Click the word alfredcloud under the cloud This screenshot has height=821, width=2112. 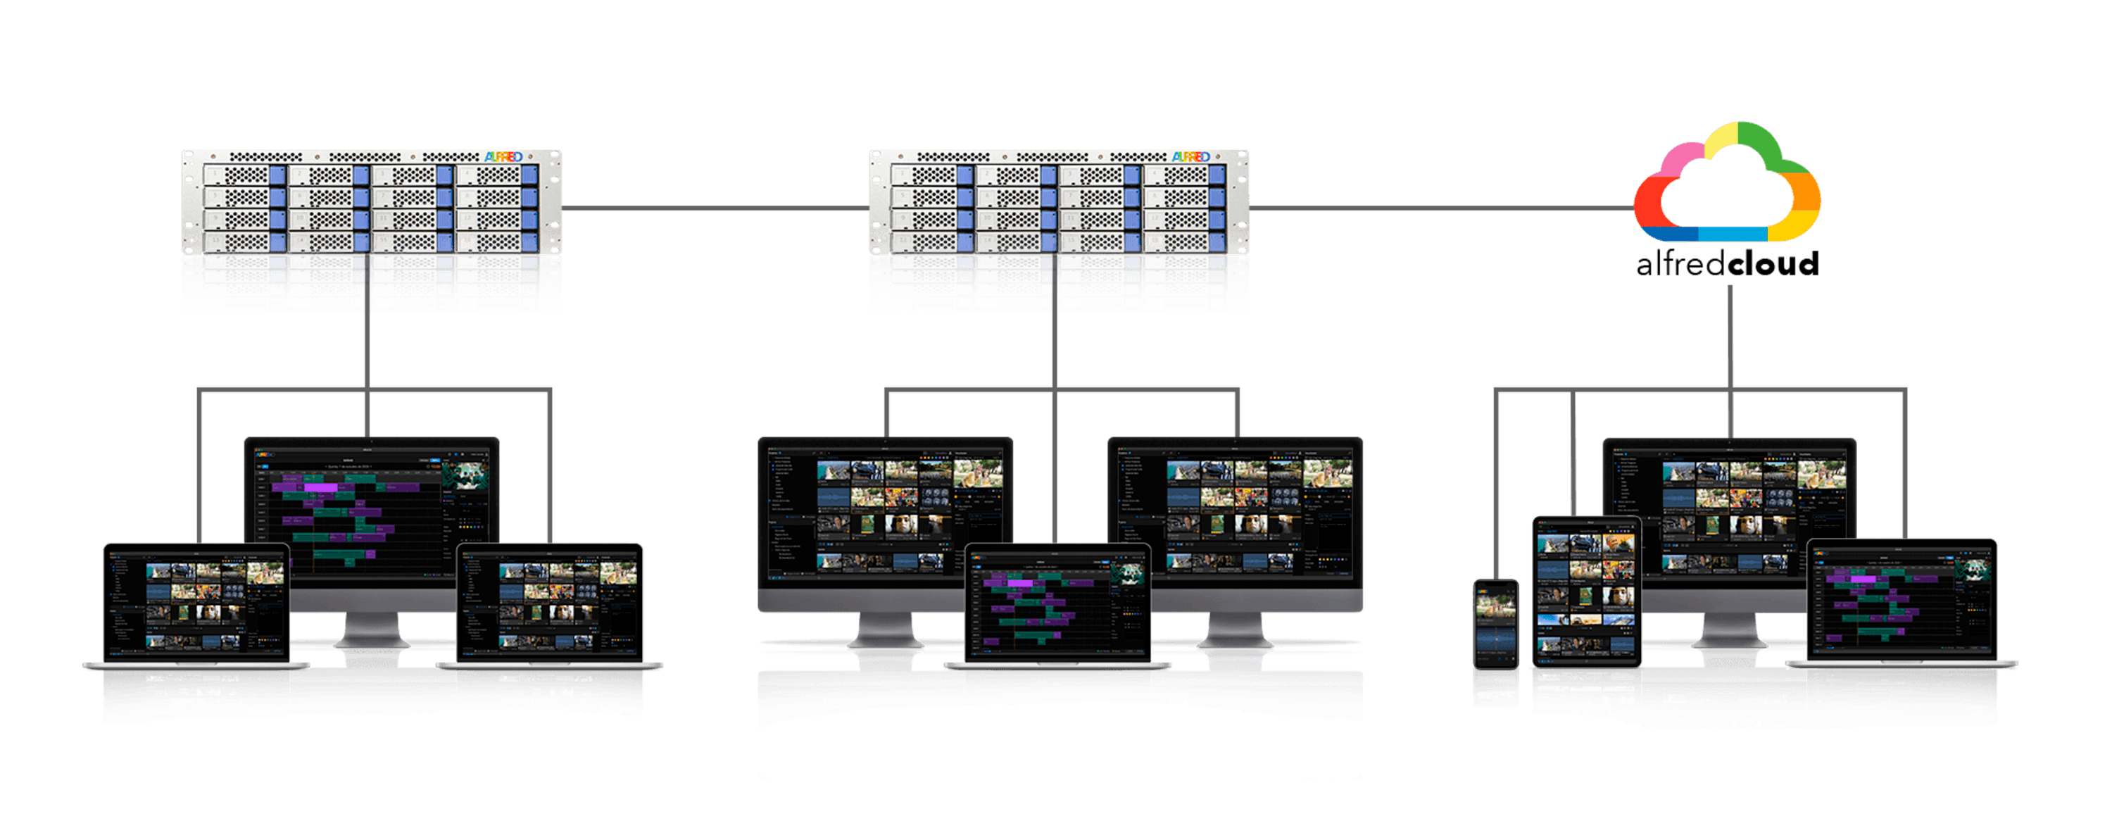click(1727, 264)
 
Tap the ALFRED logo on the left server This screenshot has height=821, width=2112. click(503, 156)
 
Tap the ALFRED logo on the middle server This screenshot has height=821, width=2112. click(1190, 156)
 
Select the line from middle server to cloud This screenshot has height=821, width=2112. click(1443, 208)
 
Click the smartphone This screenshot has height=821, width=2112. click(1495, 622)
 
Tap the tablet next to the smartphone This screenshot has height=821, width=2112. click(1585, 591)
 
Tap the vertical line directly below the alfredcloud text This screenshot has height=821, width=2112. click(1730, 344)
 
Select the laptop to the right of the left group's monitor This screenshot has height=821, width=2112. click(549, 603)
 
